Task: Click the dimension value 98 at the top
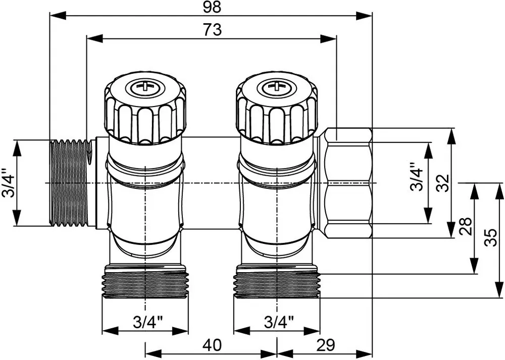[x=212, y=7]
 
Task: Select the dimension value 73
[x=212, y=30]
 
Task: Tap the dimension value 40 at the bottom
[x=212, y=345]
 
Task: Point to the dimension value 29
[x=326, y=345]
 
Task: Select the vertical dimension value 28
[x=466, y=226]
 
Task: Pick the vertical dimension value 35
[x=491, y=238]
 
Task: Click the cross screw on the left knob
[x=146, y=86]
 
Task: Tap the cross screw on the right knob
[x=276, y=86]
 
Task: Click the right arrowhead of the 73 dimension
[x=328, y=39]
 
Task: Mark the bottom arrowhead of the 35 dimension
[x=499, y=290]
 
